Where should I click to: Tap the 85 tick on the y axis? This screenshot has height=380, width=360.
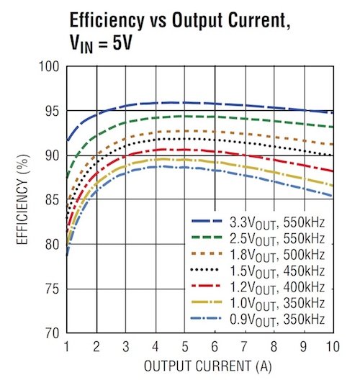[x=50, y=200]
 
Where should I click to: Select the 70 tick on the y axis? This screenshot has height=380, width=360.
[x=50, y=333]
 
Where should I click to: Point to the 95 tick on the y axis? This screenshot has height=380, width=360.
[x=50, y=112]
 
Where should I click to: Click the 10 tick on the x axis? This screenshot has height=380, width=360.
[x=332, y=345]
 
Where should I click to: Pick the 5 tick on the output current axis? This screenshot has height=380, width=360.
[x=184, y=345]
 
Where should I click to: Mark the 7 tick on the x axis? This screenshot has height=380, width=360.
[x=243, y=345]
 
